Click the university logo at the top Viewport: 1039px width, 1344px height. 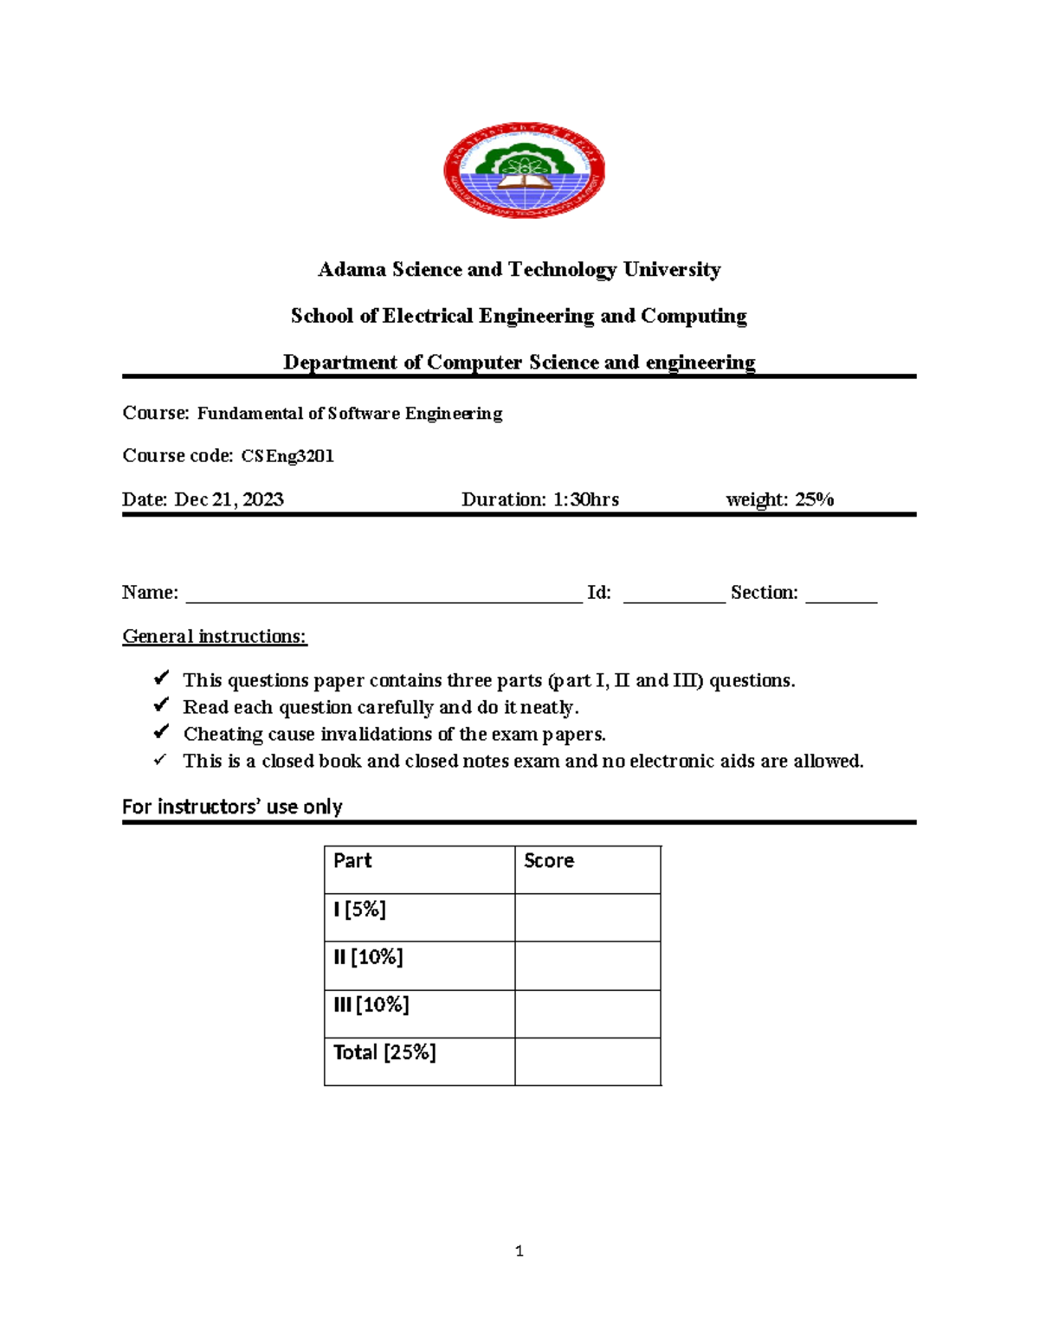click(524, 170)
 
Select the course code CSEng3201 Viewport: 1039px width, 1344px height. click(287, 456)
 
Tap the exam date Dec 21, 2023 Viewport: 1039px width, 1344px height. click(229, 499)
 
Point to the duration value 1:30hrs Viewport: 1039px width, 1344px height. click(586, 499)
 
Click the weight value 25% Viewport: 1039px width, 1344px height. click(814, 499)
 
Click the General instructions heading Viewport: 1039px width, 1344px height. click(215, 637)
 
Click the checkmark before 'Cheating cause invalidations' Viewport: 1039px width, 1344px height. click(161, 733)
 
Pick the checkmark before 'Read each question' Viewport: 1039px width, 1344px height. click(161, 706)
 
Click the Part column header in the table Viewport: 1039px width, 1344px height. click(352, 861)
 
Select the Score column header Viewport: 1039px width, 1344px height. click(549, 861)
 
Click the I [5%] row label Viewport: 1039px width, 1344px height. click(359, 910)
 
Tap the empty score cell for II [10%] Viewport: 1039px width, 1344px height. click(588, 966)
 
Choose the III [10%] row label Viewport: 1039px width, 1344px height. click(371, 1005)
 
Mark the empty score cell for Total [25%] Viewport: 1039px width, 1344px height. click(588, 1061)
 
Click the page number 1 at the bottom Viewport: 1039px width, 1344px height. click(519, 1251)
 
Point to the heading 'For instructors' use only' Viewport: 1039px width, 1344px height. click(232, 807)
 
